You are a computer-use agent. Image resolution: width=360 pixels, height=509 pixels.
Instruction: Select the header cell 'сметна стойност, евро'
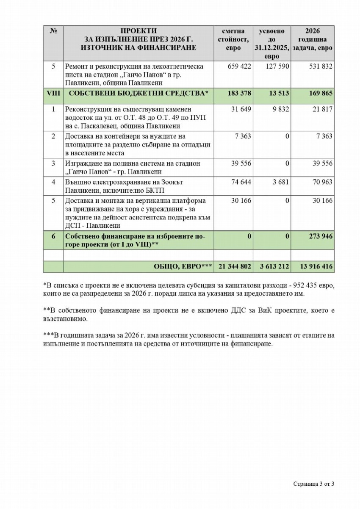pos(233,39)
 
